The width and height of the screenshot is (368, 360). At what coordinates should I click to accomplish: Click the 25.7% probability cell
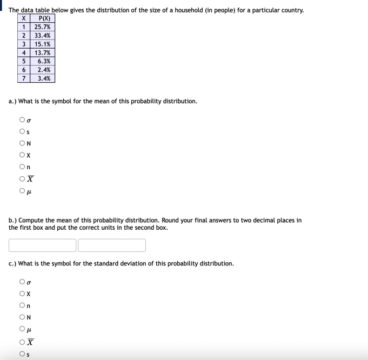tap(42, 27)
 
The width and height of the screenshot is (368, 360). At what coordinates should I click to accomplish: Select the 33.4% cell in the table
tap(42, 36)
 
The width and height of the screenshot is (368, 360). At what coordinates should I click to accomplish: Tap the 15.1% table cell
tap(42, 44)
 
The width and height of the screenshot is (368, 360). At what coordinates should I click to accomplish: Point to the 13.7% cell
tap(42, 53)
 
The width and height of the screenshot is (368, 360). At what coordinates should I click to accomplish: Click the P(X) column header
tap(42, 18)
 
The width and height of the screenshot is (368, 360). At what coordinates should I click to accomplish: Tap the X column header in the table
tap(24, 18)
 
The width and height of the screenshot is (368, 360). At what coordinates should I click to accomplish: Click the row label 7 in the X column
tap(24, 78)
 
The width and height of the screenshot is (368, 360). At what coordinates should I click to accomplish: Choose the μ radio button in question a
tap(22, 191)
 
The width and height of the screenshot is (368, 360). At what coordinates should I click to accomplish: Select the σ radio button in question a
tap(22, 119)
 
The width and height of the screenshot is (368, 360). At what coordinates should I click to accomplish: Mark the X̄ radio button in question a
tap(22, 179)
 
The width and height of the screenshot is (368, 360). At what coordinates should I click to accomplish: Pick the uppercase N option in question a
tap(22, 143)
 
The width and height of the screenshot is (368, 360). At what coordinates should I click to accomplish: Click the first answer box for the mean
tap(42, 245)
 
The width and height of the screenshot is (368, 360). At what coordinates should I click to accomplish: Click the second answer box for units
tap(112, 245)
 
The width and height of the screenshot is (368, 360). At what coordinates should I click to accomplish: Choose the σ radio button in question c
tap(22, 282)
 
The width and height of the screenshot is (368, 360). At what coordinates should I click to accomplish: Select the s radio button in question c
tap(22, 354)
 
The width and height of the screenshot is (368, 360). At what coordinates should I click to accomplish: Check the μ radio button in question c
tap(22, 329)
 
